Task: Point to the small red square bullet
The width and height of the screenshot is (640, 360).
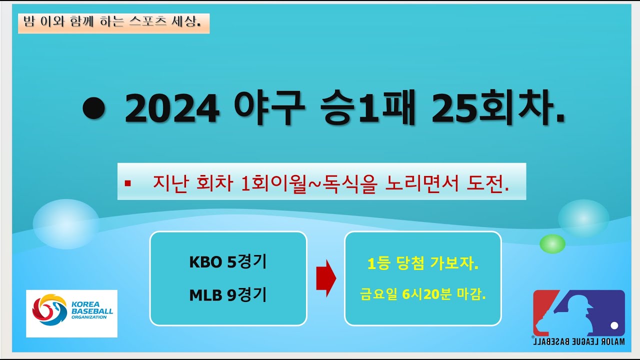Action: (x=127, y=183)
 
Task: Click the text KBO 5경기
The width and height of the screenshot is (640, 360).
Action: (x=227, y=262)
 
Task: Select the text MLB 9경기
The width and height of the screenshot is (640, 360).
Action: (x=227, y=295)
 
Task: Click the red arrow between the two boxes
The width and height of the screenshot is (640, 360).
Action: (x=326, y=278)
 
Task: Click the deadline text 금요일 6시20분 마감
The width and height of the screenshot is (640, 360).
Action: (x=423, y=294)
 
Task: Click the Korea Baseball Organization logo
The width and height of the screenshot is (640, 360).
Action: (x=71, y=313)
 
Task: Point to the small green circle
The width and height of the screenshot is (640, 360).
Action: (x=552, y=243)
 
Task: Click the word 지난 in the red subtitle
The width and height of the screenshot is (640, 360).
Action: (x=168, y=183)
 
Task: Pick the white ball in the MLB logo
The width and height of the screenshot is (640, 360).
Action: (x=614, y=325)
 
